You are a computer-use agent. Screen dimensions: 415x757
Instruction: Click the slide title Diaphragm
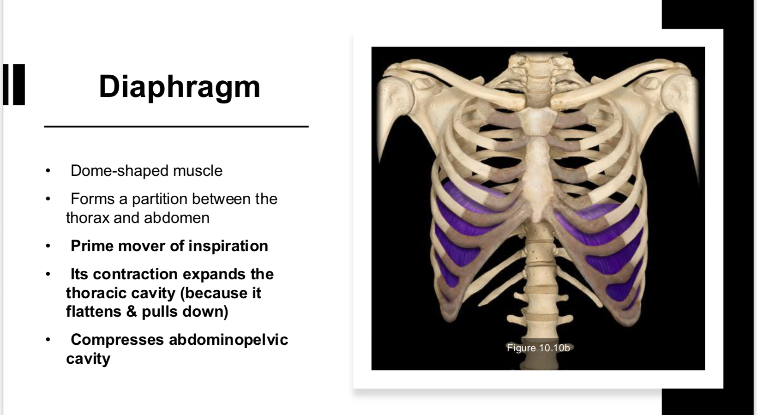[179, 87]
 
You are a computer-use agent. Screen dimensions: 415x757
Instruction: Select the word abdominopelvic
[228, 340]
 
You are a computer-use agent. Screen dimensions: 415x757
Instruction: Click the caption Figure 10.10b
[538, 348]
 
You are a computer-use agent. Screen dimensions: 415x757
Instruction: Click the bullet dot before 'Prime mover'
[48, 246]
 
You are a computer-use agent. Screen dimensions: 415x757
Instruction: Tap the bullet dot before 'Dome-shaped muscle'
[48, 171]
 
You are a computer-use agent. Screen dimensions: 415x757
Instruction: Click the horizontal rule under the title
[176, 126]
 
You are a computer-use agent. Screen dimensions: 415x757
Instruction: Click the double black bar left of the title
[14, 84]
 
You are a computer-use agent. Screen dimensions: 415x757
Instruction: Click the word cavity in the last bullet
[88, 359]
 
